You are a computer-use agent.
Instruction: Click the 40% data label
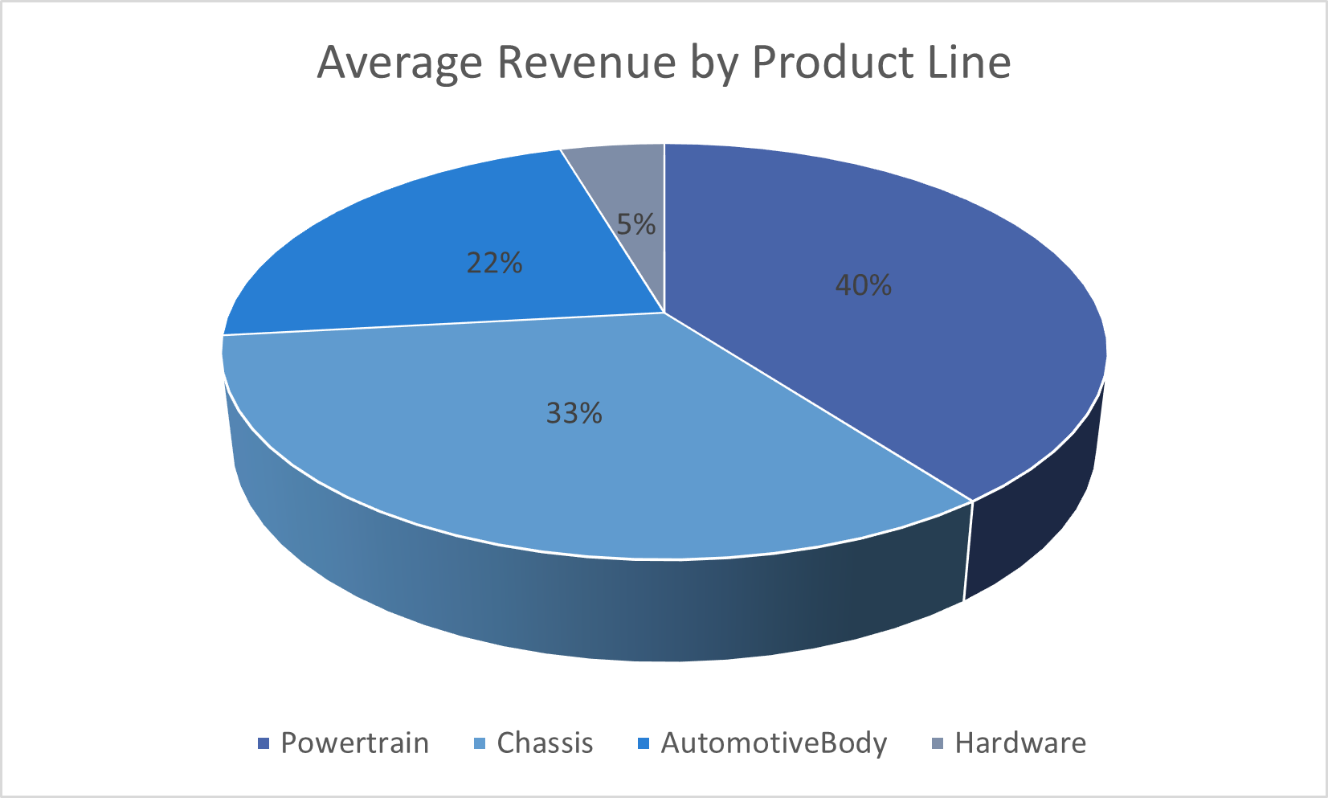coord(864,285)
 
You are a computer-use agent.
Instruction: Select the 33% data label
coord(574,413)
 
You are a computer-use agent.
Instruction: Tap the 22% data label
coord(494,263)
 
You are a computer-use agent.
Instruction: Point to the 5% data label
coord(635,224)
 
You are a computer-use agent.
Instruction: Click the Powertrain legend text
coord(354,743)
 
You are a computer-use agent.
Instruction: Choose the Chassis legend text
coord(545,743)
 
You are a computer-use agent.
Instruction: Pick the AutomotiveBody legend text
coord(773,743)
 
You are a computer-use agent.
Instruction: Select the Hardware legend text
coord(1019,743)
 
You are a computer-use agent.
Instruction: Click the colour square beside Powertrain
coord(263,744)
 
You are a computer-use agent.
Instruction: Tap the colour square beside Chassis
coord(480,744)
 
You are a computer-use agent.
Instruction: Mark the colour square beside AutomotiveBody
coord(643,744)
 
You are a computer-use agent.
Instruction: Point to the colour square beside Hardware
coord(937,744)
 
